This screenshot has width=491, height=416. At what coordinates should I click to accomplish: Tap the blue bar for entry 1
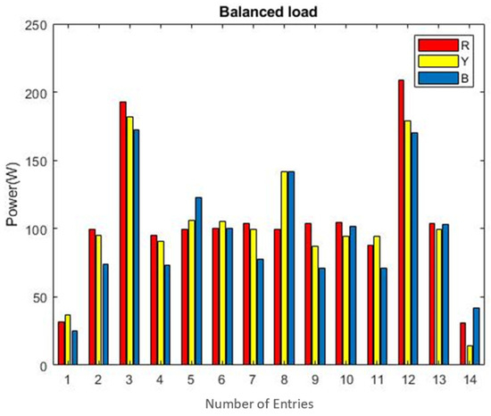point(76,348)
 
